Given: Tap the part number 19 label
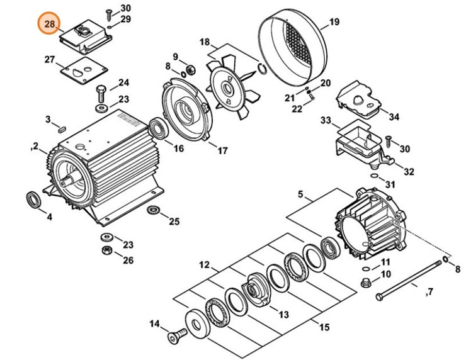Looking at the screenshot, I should click(334, 22).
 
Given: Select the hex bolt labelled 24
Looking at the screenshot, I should click(101, 95).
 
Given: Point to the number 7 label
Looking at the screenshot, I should click(431, 291).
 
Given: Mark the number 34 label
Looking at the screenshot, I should click(394, 116).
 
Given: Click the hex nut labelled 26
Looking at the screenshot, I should click(107, 250).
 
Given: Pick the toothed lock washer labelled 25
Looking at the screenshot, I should click(152, 210).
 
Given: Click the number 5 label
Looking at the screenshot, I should click(300, 195).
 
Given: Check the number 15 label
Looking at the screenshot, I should click(324, 327).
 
